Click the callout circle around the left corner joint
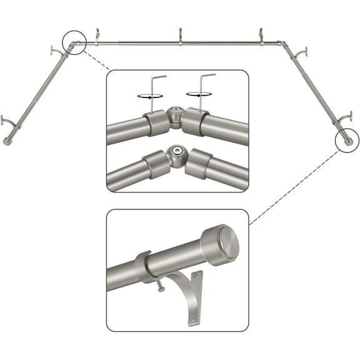pyautogui.click(x=74, y=44)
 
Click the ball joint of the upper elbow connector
pyautogui.click(x=175, y=116)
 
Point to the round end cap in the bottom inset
pyautogui.click(x=220, y=245)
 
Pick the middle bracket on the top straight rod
pyautogui.click(x=180, y=36)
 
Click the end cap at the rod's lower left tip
pyautogui.click(x=7, y=142)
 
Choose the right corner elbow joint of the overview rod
pyautogui.click(x=284, y=45)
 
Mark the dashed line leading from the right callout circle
pyautogui.click(x=294, y=181)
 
